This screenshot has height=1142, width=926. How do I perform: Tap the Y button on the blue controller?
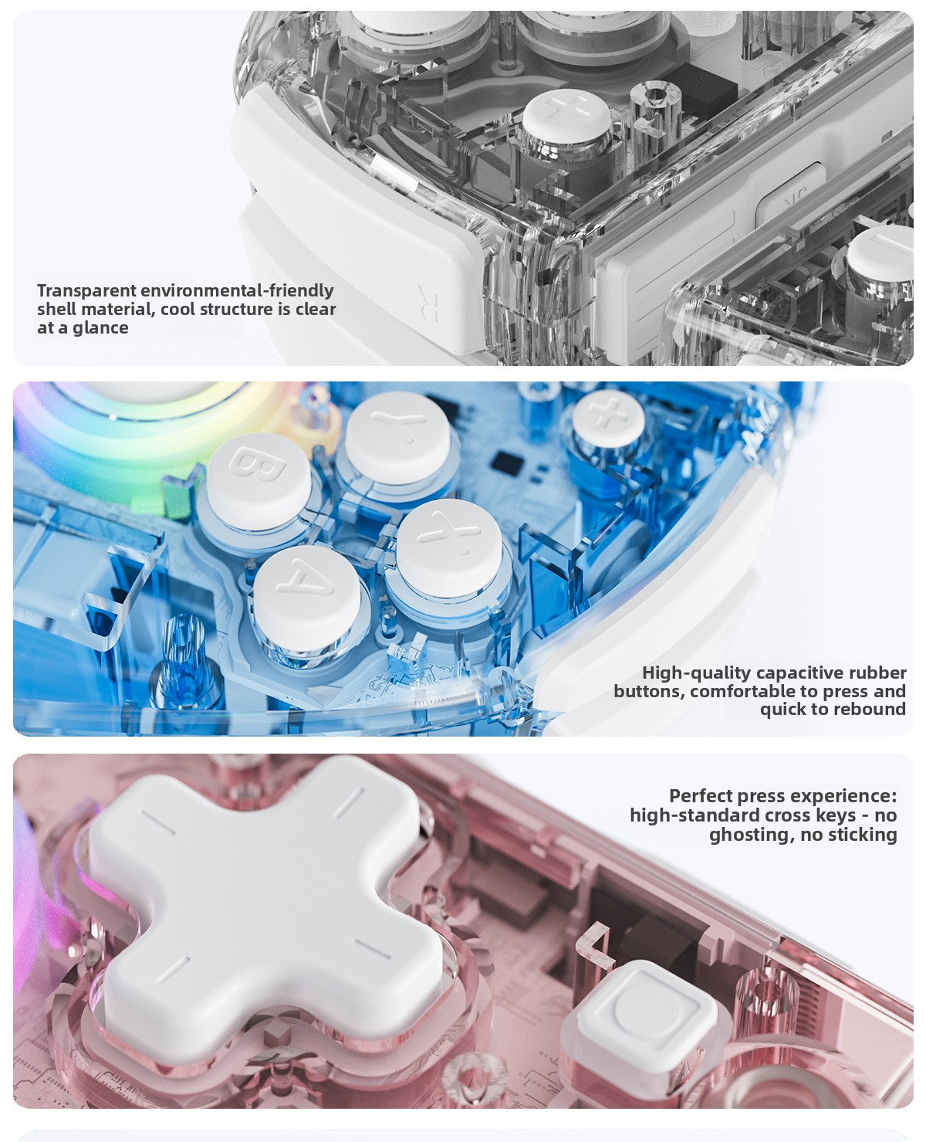[397, 433]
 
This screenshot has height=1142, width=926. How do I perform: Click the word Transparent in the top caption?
[86, 290]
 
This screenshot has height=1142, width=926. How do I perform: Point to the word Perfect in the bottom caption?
[701, 795]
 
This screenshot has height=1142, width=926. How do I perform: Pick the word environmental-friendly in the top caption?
[237, 290]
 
